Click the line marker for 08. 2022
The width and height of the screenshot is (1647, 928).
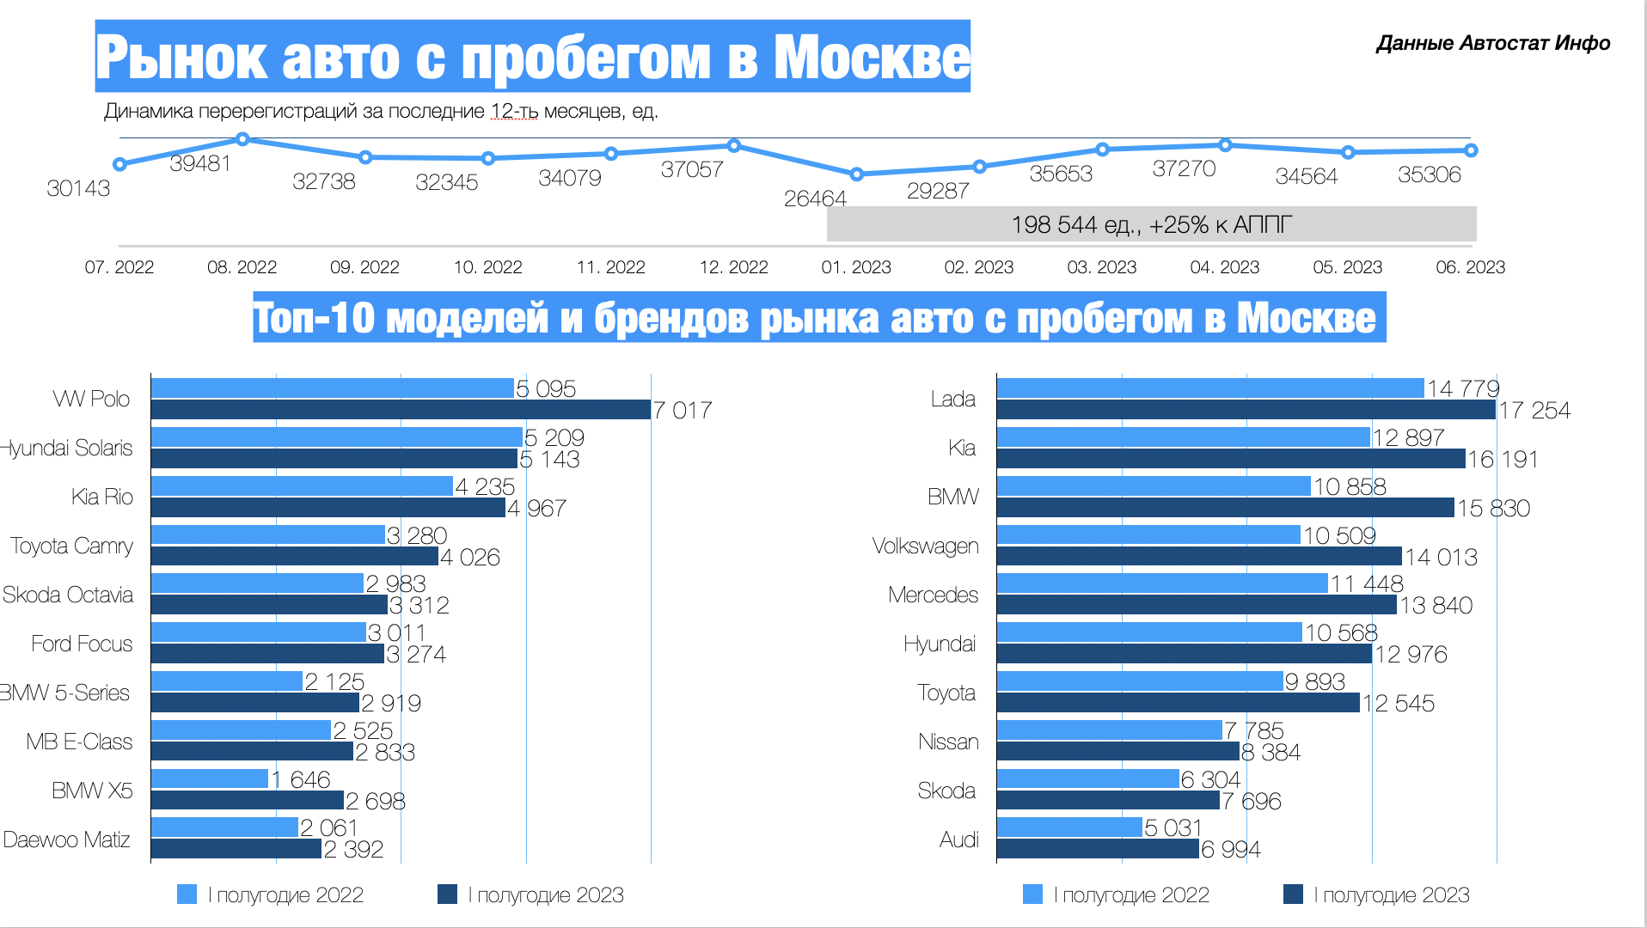[x=242, y=139]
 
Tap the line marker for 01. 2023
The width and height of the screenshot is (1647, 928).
[x=856, y=174]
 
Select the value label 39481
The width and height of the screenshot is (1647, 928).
[x=200, y=163]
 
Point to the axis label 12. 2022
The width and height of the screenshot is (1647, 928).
[x=733, y=267]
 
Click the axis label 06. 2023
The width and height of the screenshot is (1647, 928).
[x=1470, y=267]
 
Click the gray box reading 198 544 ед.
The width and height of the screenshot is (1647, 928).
[x=1151, y=224]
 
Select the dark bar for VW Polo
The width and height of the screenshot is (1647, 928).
[x=401, y=410]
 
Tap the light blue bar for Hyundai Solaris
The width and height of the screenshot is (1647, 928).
[x=337, y=437]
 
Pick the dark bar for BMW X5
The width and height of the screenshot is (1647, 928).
[x=248, y=801]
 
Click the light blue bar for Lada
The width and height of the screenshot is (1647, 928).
[x=1210, y=388]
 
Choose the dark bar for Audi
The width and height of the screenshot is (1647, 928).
[x=1098, y=849]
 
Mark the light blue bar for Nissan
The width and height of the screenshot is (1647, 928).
[x=1109, y=730]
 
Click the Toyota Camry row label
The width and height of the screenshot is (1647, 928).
[x=72, y=546]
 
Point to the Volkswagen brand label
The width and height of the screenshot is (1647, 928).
[x=925, y=546]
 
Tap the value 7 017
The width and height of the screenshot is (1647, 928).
[x=683, y=411]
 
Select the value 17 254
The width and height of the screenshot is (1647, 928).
[x=1534, y=411]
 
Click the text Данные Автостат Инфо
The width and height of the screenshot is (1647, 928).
[x=1493, y=43]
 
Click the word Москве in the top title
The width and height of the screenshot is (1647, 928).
[x=872, y=58]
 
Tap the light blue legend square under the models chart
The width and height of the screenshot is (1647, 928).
[x=187, y=894]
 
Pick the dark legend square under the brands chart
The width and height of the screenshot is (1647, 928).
[x=1293, y=894]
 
